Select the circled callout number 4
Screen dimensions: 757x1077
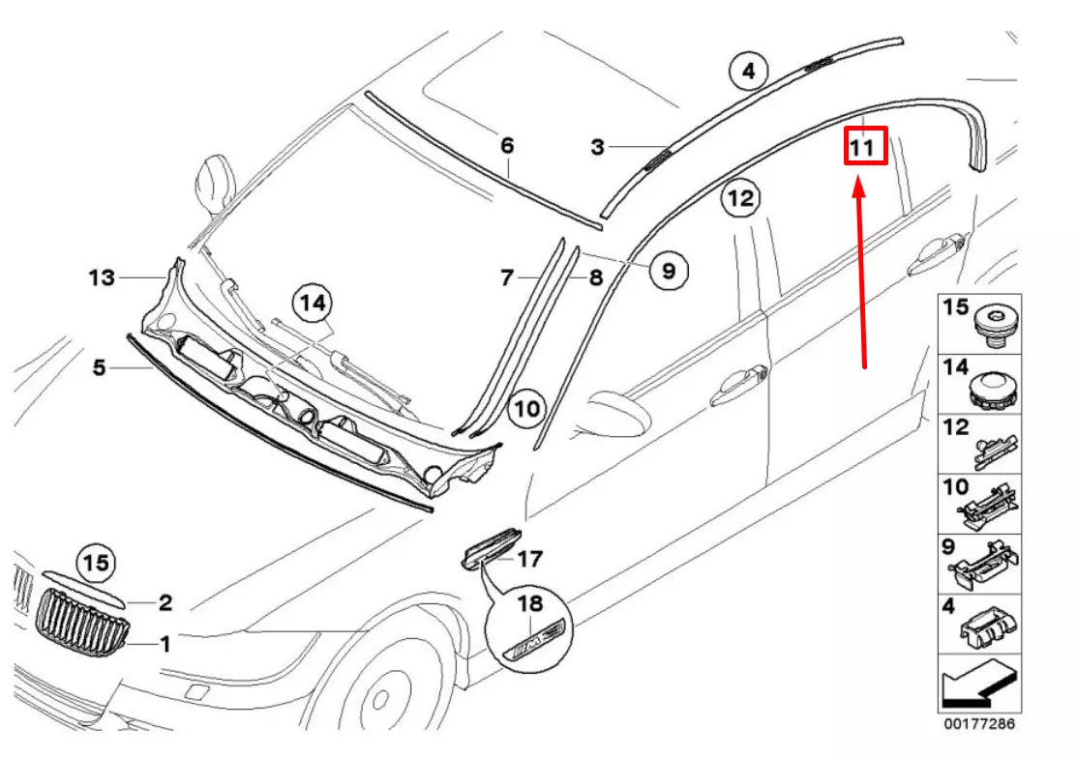pos(748,71)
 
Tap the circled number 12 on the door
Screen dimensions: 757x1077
pos(740,199)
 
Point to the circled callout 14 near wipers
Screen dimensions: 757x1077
pos(313,304)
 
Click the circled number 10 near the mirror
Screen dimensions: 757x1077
pos(526,409)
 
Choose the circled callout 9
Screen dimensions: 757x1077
pos(668,271)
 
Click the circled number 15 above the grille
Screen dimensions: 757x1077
pos(96,563)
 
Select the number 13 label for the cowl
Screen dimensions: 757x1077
pos(102,278)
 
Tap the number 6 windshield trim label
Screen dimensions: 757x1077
pos(507,146)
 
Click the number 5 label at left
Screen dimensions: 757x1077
pos(99,367)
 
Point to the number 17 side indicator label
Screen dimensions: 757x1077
pos(529,559)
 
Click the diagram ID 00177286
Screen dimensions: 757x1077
pos(979,723)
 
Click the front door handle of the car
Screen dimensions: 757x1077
pos(740,385)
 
